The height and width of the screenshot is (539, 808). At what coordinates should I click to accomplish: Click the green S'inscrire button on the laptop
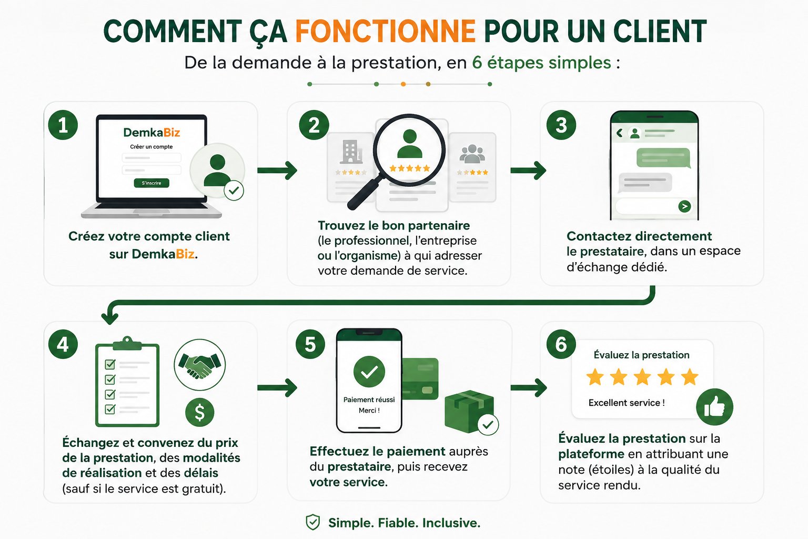(151, 183)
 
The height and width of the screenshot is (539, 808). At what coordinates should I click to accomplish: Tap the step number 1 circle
(63, 125)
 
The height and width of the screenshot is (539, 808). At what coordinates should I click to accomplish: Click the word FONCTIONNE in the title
(385, 31)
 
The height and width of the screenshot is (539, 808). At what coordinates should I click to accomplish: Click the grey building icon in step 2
(351, 152)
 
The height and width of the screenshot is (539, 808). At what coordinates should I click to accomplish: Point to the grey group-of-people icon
(472, 154)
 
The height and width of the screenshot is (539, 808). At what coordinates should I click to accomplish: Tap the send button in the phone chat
(684, 206)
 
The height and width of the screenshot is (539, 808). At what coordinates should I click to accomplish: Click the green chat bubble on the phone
(663, 158)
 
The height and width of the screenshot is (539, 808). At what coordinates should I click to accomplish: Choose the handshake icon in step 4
(200, 365)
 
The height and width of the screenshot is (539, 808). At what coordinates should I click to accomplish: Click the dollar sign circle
(200, 412)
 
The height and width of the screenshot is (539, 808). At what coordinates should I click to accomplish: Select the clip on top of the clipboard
(127, 344)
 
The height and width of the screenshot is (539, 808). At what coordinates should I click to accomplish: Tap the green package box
(469, 412)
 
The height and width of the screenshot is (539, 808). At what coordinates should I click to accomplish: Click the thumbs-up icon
(714, 407)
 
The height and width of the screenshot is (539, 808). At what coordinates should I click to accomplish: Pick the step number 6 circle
(561, 344)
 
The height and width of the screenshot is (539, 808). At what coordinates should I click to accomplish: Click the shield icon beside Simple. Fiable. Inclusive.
(313, 522)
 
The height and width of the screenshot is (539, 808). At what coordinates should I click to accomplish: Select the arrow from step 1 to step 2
(277, 171)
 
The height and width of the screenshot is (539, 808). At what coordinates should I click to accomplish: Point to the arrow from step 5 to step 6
(529, 388)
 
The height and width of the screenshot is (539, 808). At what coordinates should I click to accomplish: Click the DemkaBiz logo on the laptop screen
(151, 133)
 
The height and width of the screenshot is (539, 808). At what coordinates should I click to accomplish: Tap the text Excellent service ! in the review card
(627, 403)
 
